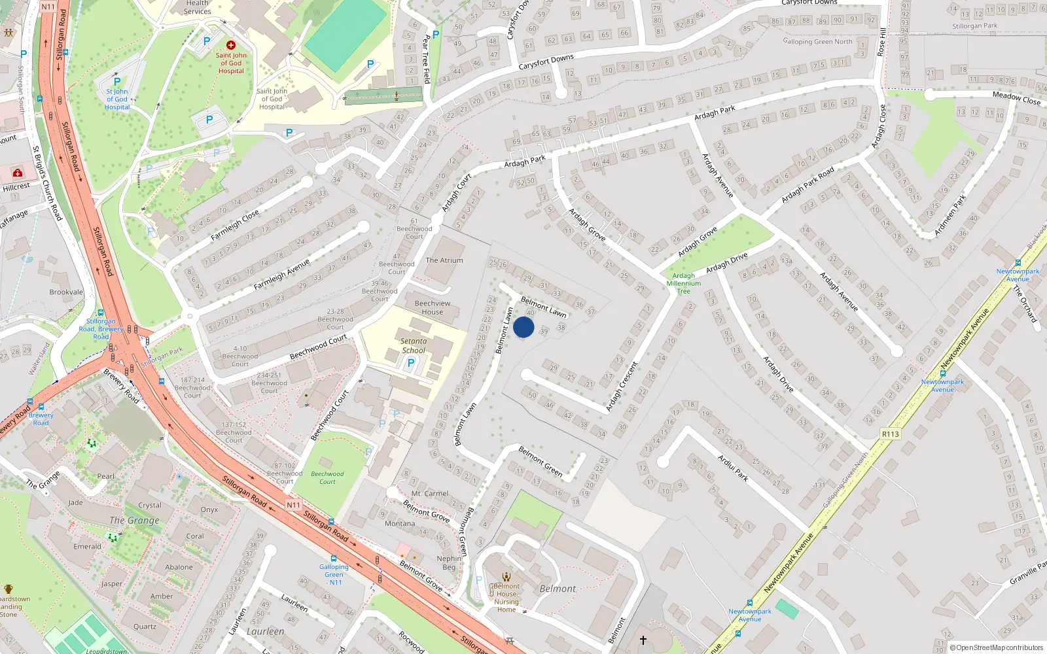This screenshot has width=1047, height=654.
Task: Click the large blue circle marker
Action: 523,327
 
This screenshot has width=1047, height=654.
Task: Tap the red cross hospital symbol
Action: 231,45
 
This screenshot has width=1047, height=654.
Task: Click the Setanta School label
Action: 414,345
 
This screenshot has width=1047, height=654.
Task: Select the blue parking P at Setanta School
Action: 411,363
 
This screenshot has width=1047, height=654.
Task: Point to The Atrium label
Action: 444,260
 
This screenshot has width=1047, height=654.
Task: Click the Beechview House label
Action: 433,307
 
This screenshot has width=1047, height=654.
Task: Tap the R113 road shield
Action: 891,434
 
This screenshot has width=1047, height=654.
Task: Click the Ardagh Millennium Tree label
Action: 684,283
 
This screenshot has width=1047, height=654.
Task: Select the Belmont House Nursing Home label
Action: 506,598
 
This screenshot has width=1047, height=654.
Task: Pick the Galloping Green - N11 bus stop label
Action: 334,574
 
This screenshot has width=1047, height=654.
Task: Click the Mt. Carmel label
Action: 430,494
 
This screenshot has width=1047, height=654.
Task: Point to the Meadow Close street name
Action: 1016,97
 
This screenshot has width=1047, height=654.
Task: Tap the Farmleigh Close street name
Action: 235,224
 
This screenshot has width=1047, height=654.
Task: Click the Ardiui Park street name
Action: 733,468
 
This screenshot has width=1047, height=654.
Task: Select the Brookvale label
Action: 66,292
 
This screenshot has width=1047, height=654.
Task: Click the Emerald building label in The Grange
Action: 87,546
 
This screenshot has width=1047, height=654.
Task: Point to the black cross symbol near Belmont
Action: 643,640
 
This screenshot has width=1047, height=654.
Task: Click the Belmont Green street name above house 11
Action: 541,460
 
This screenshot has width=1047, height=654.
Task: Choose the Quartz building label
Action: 145,627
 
